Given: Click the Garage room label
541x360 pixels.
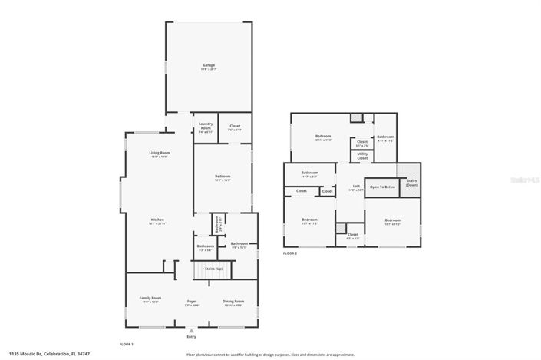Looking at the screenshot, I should pos(209,66).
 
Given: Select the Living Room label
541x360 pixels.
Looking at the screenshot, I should pos(160,154).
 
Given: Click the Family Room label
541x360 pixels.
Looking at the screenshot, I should pos(150,299).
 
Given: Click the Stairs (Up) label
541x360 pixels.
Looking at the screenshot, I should pos(213,269).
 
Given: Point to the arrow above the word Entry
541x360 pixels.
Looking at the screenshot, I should pos(192,329).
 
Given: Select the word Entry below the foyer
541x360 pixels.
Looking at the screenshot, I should pos(192,336).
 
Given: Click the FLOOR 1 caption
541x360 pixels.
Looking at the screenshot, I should pos(127,343).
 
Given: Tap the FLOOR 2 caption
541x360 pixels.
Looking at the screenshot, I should pos(290,253).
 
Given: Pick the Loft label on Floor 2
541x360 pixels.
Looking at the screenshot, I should pos(356,187).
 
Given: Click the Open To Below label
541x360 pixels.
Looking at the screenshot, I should pos(382,187).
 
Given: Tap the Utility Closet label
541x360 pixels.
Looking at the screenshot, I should pos(362,157).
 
